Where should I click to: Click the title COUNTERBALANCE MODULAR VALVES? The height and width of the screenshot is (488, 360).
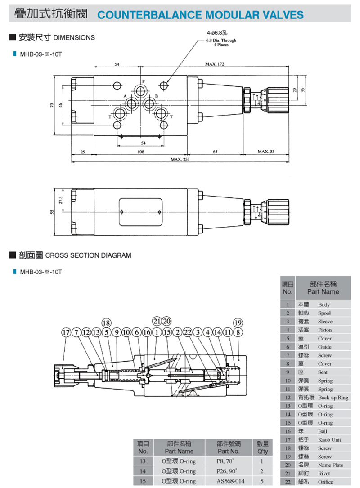click(x=200, y=15)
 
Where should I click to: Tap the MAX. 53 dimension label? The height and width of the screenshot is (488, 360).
click(x=266, y=152)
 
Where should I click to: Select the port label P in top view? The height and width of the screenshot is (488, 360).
click(x=144, y=81)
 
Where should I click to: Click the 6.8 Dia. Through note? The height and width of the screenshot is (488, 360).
click(x=221, y=40)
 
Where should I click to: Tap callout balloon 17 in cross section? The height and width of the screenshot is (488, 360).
click(x=66, y=333)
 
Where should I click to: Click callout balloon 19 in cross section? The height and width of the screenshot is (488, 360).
click(x=238, y=322)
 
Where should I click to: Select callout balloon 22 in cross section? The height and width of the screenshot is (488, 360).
click(x=188, y=333)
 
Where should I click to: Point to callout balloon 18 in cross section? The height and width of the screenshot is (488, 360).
click(x=106, y=322)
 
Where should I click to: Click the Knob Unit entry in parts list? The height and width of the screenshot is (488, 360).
click(x=329, y=440)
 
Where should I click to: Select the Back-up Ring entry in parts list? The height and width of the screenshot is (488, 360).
click(x=333, y=398)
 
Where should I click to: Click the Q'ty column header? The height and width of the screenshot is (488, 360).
click(x=262, y=448)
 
